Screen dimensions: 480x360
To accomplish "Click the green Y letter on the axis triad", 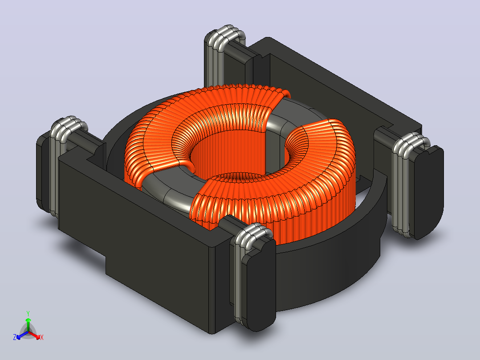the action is pos(28,313).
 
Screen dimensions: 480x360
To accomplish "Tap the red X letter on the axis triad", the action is pos(42,337).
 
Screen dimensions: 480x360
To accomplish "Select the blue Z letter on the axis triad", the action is pos(14,337).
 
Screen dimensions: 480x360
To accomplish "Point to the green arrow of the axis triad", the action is pos(28,324).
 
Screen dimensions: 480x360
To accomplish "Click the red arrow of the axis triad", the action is pos(34,335).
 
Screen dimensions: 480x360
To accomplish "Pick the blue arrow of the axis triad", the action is pos(22,335).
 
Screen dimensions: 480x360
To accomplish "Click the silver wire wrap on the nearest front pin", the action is pos(245,270).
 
